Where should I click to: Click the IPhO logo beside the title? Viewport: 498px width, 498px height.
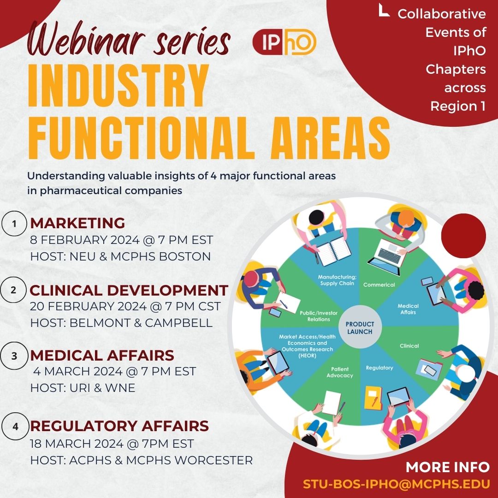(x=284, y=42)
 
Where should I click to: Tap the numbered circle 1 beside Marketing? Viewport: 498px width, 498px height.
(x=14, y=224)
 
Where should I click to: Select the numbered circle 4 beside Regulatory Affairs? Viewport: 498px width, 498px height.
(x=15, y=426)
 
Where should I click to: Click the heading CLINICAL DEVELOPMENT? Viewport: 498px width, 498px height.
(x=129, y=290)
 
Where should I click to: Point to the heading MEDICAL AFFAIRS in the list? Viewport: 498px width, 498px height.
(x=102, y=356)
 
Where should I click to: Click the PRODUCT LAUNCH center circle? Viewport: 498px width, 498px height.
(x=360, y=328)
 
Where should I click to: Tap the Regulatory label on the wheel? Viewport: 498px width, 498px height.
(x=379, y=368)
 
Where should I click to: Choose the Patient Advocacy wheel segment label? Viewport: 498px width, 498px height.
(x=340, y=372)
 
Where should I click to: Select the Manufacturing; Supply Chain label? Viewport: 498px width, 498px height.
(x=337, y=280)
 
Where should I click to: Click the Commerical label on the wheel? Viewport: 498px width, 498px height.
(x=379, y=285)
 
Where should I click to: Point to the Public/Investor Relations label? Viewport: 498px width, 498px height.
(x=319, y=316)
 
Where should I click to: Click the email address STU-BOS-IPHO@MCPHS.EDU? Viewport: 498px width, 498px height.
(x=396, y=484)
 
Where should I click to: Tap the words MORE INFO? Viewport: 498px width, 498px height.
(x=448, y=467)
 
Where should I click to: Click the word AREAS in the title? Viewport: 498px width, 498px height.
(x=330, y=138)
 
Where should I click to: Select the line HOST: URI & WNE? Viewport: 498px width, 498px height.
(x=83, y=388)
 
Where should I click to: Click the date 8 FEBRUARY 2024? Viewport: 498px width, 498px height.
(x=85, y=240)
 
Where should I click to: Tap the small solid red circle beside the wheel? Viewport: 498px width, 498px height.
(x=463, y=236)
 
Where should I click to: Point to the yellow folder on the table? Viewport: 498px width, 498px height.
(x=373, y=397)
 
